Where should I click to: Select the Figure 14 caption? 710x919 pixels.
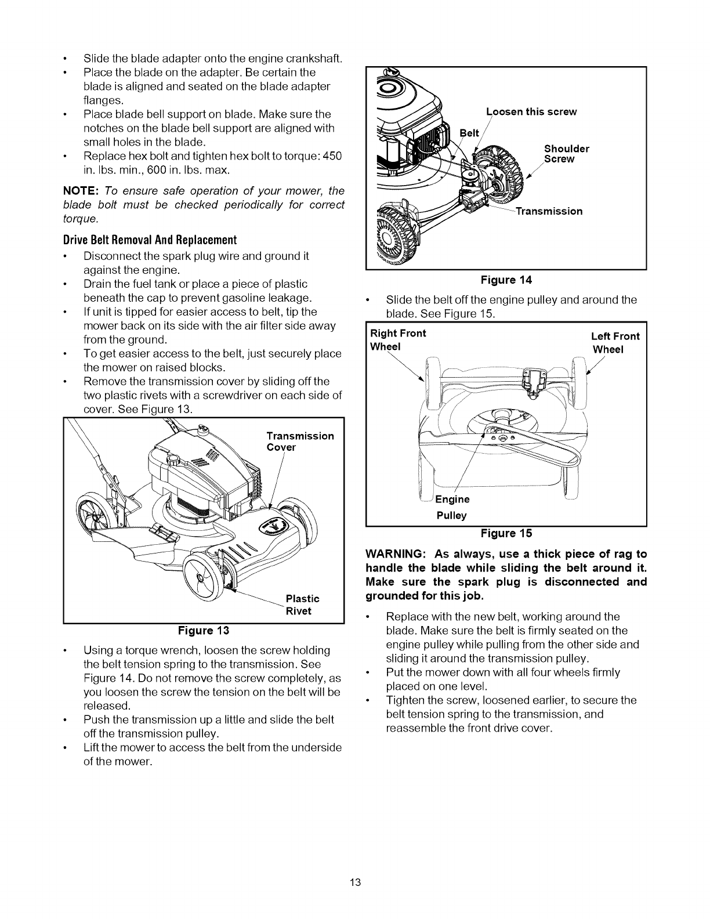[x=506, y=280]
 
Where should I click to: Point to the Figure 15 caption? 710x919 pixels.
[x=506, y=533]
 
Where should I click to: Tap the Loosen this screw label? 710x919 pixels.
[x=531, y=112]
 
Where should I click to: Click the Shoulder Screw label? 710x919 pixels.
[x=566, y=154]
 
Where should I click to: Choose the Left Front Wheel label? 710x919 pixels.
[x=615, y=343]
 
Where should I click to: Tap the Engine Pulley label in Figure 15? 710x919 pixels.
[x=452, y=507]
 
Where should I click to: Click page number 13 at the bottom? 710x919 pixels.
[x=356, y=883]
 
